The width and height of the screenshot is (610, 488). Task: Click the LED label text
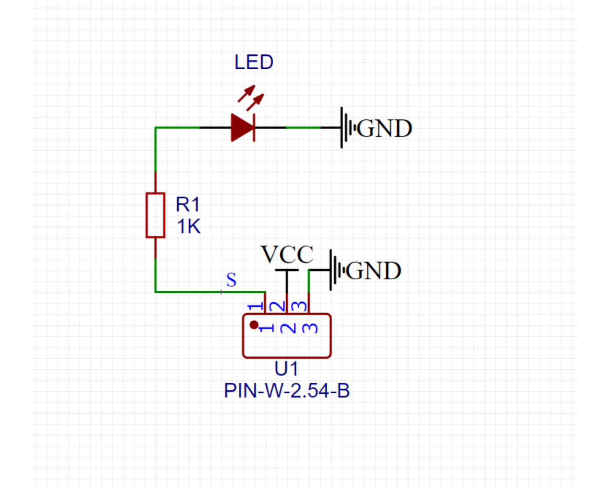coord(254,62)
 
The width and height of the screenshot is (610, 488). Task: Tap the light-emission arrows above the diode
coord(251,98)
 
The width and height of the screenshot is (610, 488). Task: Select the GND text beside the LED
coord(384,129)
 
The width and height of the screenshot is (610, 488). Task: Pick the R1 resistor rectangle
coord(155,215)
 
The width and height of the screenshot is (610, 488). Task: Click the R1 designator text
coord(187,205)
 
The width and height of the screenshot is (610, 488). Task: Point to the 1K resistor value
coord(189,227)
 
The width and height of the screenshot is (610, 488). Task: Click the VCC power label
coord(287,255)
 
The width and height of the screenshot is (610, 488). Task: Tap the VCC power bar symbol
coord(287,270)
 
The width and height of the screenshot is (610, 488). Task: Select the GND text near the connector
coord(373,271)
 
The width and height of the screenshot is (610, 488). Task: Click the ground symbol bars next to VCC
coord(336,270)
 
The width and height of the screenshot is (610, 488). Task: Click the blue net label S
coord(231,280)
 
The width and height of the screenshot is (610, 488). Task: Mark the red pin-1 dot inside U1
coord(254,325)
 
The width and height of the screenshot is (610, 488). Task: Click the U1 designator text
coord(286,369)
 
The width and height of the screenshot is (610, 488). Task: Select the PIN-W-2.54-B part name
coord(287,391)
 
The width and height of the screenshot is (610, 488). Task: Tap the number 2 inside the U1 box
coord(288,328)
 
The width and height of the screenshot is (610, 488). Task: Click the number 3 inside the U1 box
coord(310,328)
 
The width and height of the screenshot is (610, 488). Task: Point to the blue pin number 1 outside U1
coord(255,306)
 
